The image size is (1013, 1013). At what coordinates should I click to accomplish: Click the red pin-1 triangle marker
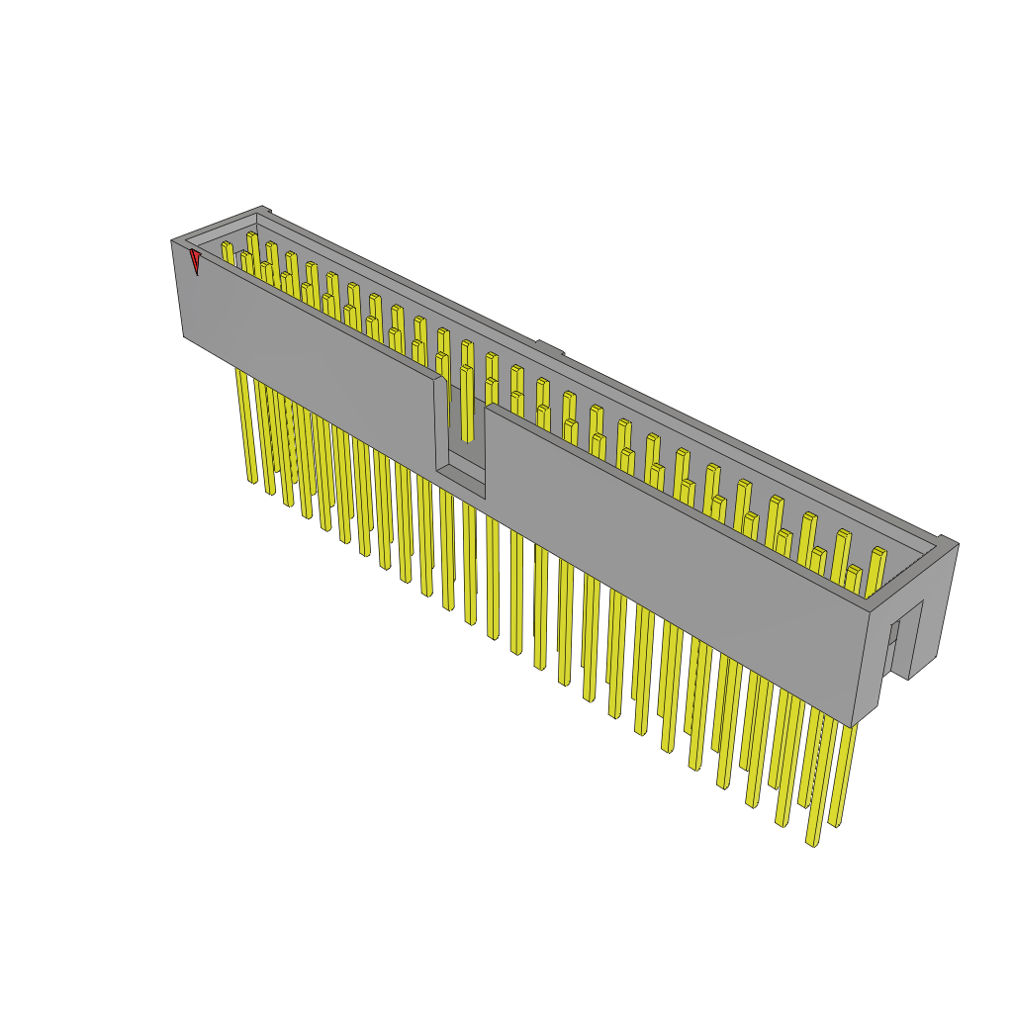(x=196, y=261)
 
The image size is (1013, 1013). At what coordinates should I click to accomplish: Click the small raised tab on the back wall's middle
(x=550, y=348)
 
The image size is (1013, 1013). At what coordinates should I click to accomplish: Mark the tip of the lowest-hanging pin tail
(x=812, y=843)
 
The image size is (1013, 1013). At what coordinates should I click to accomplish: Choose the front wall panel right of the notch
(x=673, y=554)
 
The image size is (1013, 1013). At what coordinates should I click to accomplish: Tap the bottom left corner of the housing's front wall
(x=184, y=336)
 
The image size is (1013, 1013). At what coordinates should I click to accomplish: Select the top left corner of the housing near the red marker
(x=172, y=240)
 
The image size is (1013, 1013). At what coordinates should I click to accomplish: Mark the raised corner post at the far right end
(x=947, y=542)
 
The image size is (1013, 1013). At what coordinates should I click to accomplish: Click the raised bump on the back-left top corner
(x=263, y=210)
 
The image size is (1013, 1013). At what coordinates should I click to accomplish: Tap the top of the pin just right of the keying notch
(x=492, y=383)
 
